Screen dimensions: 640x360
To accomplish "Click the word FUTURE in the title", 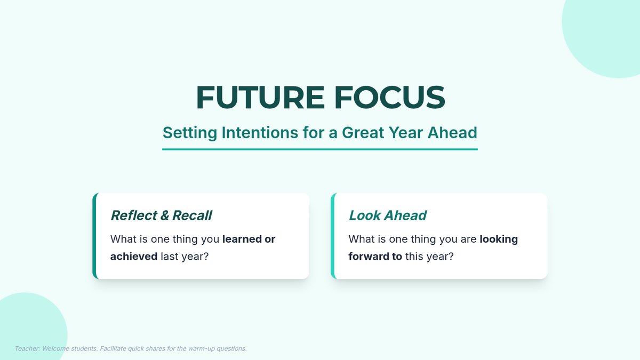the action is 260,98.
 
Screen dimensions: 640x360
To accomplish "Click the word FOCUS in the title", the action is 390,98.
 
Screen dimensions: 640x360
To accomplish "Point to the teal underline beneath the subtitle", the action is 320,149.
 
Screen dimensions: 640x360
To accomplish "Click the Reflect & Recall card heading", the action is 161,215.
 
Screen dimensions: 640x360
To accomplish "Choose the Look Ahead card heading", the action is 387,215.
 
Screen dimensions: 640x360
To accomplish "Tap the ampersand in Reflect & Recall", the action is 165,215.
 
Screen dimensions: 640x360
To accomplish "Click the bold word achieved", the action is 134,257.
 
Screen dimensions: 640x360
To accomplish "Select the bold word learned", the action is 242,239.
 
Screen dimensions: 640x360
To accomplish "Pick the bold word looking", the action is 499,239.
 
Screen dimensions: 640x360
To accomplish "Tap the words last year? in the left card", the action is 185,257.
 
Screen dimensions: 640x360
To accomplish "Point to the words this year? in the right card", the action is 429,257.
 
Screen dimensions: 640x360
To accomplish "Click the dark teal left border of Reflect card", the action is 94,236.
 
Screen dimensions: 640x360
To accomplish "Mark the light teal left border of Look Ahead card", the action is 333,236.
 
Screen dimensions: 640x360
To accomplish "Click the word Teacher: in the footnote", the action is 27,349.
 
